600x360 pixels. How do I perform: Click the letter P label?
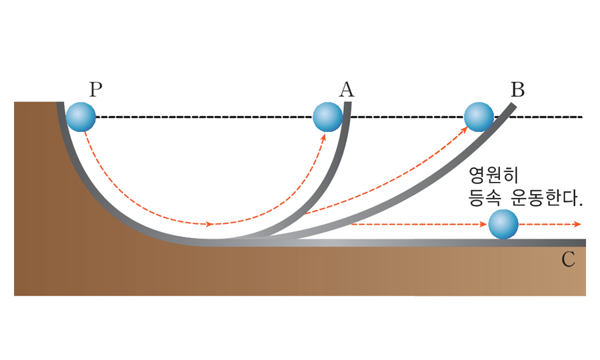(96, 89)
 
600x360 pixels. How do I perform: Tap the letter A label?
(346, 89)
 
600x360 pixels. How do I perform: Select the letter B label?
(517, 89)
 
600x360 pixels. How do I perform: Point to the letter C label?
(568, 260)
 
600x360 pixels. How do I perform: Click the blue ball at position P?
(81, 117)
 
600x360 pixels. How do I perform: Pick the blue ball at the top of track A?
(328, 117)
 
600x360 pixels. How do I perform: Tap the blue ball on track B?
(479, 117)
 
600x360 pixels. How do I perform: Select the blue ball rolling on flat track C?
(503, 225)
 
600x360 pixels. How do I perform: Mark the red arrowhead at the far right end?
(576, 225)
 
